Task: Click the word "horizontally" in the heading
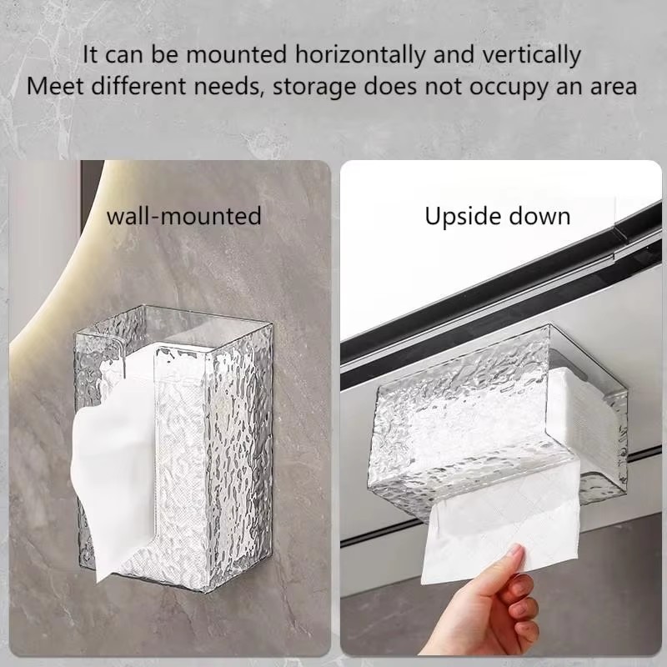point(360,56)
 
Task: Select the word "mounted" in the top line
point(237,55)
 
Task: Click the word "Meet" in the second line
point(55,87)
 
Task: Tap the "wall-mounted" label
point(183,216)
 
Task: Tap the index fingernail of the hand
point(515,551)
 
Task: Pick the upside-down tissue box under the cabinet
point(497,421)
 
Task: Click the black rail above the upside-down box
point(501,293)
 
